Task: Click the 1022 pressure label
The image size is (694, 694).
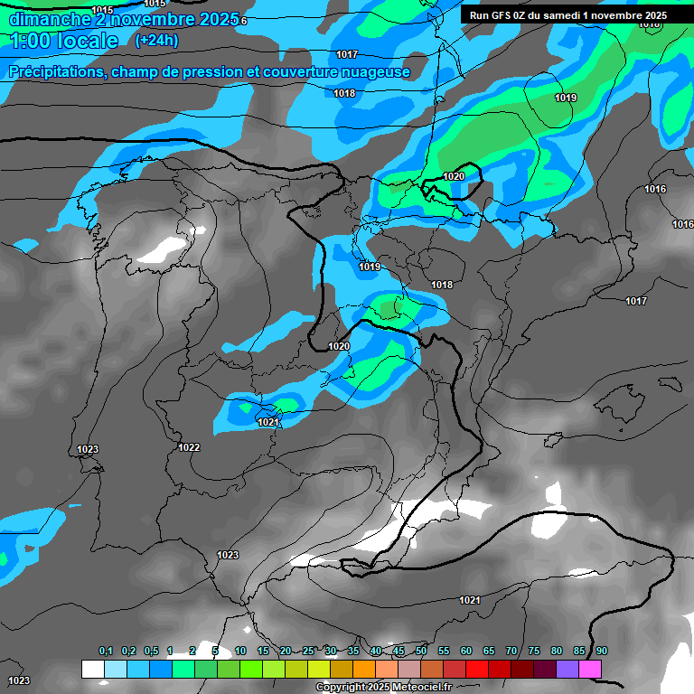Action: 189,447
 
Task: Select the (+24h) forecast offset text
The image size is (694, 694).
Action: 156,40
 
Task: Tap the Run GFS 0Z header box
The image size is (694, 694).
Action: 568,15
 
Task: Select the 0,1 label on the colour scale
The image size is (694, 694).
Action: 105,652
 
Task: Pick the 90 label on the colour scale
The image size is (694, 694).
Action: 602,652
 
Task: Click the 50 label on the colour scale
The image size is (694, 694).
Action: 421,652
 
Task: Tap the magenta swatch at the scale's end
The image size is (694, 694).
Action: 590,669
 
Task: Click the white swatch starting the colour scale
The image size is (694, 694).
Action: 92,669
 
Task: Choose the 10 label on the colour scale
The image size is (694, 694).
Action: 240,652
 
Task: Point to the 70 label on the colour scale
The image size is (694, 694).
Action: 511,652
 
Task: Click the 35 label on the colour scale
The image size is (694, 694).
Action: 353,652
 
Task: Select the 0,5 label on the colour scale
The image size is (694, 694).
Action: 150,652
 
